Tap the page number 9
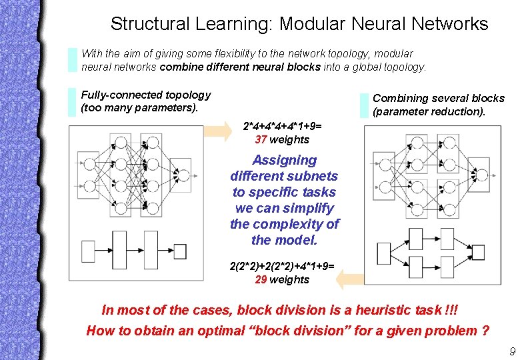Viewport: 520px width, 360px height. click(511, 351)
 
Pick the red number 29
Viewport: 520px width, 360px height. click(261, 279)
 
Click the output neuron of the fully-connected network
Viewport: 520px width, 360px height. click(183, 175)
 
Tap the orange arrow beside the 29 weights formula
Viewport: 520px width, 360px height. click(349, 278)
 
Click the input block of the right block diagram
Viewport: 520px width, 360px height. click(383, 253)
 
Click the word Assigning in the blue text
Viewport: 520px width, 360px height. click(285, 160)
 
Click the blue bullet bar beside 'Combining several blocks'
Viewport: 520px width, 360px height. click(364, 105)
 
